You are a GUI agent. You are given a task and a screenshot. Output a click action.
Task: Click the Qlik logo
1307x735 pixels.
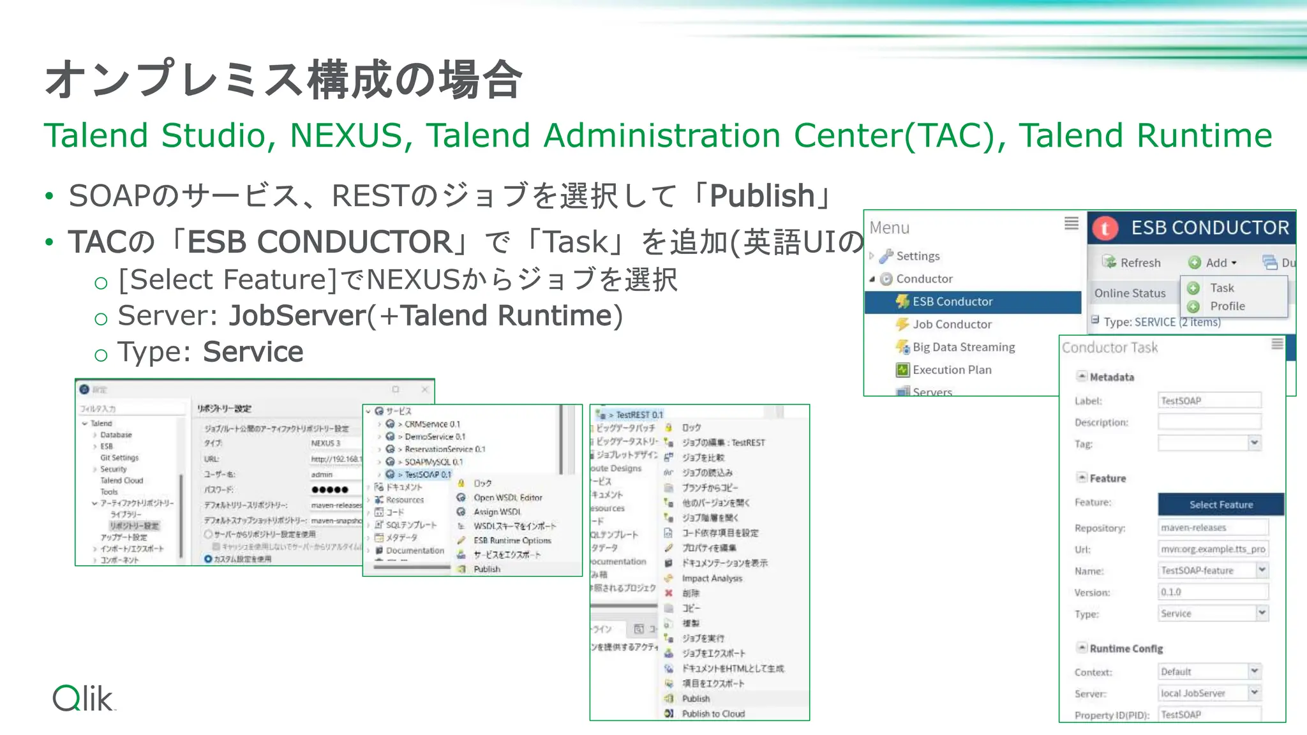point(84,698)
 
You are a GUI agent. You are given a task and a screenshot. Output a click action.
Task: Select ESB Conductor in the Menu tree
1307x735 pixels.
point(952,302)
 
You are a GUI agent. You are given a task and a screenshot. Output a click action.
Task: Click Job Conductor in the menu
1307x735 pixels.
point(952,325)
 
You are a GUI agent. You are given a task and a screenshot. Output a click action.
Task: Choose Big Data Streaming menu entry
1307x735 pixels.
point(963,347)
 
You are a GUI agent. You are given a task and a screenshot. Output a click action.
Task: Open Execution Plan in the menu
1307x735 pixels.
point(952,370)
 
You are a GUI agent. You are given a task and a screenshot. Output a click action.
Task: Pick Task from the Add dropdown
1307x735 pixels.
point(1221,288)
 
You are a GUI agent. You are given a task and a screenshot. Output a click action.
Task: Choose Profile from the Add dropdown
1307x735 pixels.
point(1227,306)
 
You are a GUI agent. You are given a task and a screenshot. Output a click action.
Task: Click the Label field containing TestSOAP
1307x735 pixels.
point(1209,401)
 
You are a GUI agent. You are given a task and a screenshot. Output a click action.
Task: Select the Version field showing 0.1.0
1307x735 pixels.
point(1213,592)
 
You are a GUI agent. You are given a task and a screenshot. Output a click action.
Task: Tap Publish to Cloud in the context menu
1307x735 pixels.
point(713,714)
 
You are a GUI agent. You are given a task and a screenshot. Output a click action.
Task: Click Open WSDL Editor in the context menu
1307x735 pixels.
point(507,498)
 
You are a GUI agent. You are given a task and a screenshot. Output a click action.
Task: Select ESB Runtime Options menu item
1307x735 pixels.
point(512,540)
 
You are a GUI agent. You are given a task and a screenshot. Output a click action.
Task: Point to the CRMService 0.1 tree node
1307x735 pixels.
point(431,424)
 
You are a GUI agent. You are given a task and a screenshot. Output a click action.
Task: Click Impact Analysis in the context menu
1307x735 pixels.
point(712,579)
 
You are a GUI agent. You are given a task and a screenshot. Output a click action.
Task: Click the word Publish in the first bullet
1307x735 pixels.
point(762,196)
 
